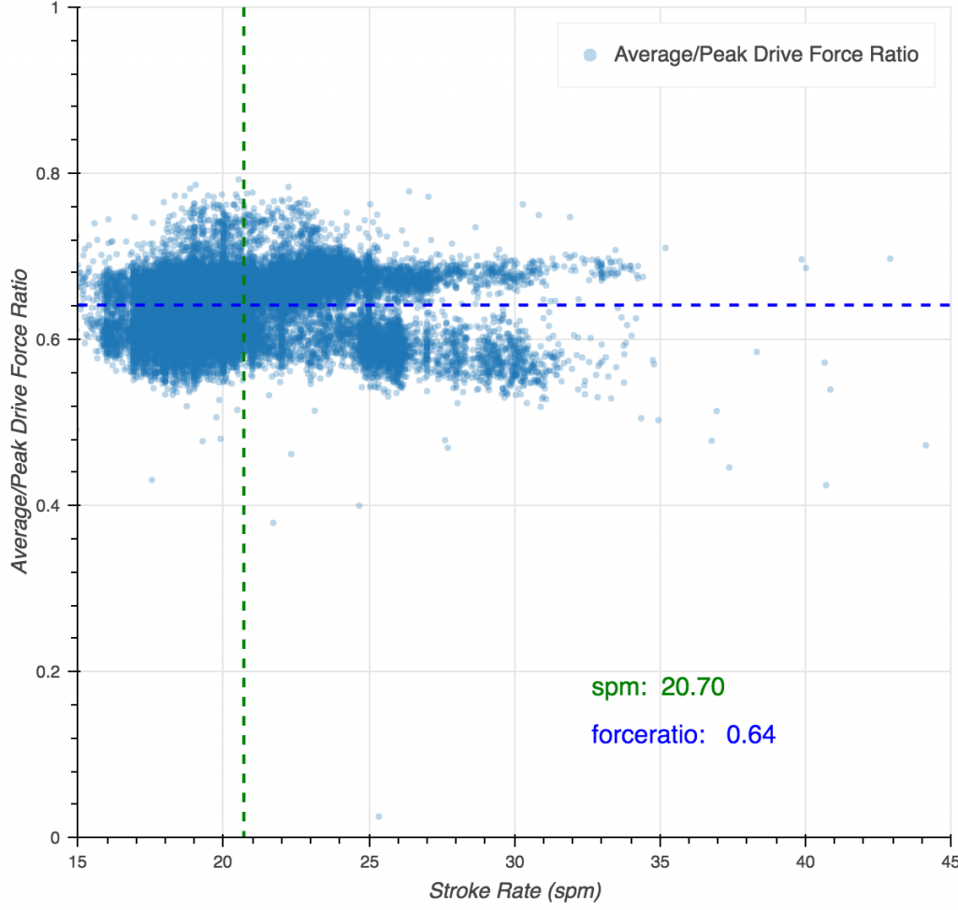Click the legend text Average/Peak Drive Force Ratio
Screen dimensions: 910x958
coord(765,54)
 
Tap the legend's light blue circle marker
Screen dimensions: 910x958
coord(589,54)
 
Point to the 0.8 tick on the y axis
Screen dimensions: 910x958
coord(55,173)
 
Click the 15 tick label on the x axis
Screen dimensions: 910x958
coord(78,858)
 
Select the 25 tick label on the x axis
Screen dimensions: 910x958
coord(369,858)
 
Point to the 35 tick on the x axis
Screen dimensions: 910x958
coord(660,858)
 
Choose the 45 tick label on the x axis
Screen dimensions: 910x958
coord(947,858)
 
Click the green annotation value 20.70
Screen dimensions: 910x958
coord(692,687)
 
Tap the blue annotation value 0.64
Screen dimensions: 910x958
coord(750,735)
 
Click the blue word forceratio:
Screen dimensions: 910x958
coord(647,735)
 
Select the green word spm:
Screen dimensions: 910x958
coord(618,687)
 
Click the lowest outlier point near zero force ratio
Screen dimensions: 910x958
coord(378,816)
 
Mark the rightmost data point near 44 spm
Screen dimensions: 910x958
coord(925,445)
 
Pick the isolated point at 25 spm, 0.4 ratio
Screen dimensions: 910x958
coord(358,505)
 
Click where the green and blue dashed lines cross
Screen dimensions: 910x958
coord(243,305)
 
